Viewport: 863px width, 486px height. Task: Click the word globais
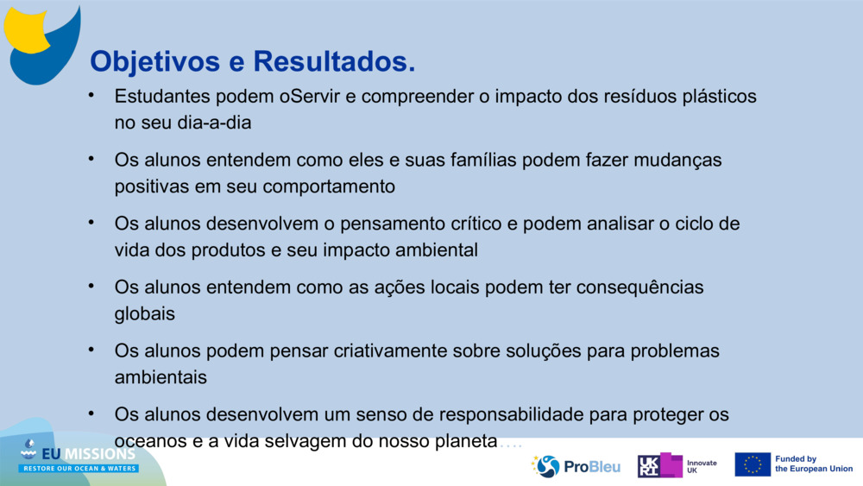(145, 313)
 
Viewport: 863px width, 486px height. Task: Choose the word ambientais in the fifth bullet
(161, 377)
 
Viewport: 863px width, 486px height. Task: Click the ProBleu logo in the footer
(576, 466)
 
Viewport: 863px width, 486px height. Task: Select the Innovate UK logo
(677, 466)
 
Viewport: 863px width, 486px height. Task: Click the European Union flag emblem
(753, 464)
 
